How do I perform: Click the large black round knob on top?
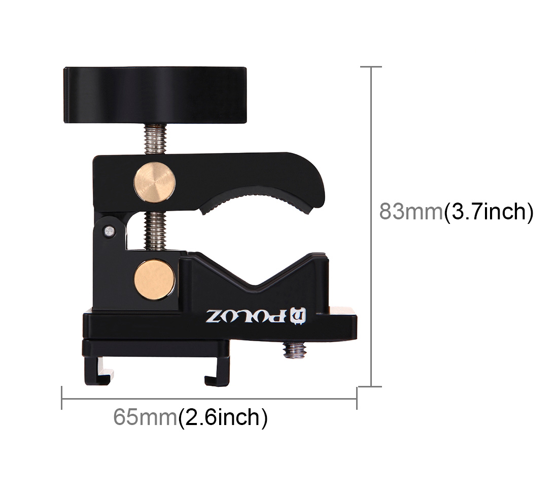point(155,95)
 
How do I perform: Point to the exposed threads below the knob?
point(155,139)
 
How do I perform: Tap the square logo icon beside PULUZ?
point(299,316)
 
